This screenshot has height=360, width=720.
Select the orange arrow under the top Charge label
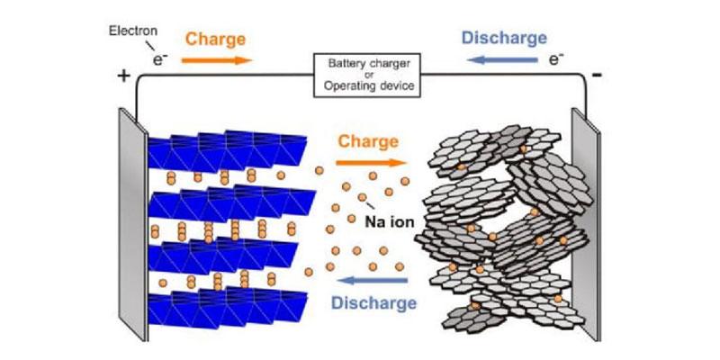point(217,60)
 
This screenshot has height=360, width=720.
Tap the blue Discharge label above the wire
point(504,39)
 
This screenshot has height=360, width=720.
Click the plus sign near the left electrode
point(123,76)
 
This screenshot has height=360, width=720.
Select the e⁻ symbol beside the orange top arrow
point(159,60)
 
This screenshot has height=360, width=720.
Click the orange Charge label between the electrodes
point(369,142)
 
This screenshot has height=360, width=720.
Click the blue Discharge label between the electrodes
point(374,302)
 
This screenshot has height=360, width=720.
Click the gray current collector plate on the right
point(586,225)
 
